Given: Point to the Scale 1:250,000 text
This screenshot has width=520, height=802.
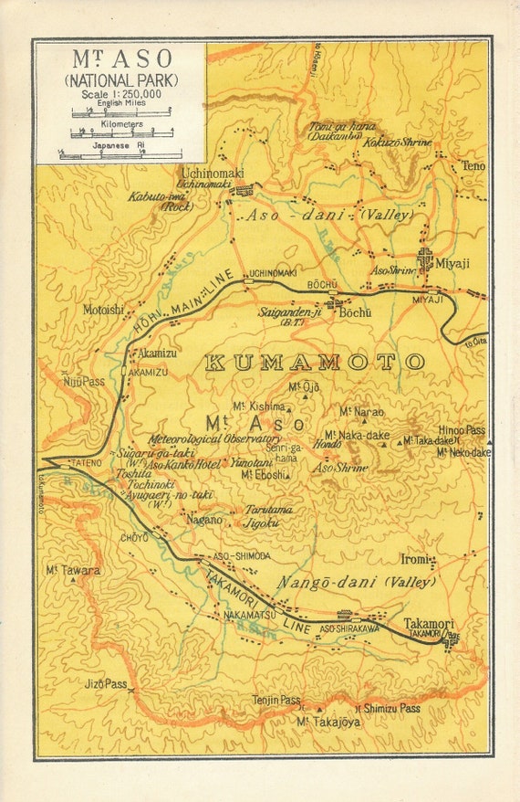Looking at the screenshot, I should (x=120, y=94).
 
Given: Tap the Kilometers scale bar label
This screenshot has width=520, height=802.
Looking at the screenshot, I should (x=120, y=123).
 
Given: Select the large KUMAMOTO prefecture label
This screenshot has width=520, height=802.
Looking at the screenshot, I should (x=314, y=363).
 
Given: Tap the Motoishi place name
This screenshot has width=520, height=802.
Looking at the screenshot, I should (x=103, y=310).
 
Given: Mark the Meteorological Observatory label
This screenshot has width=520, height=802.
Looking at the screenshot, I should (x=214, y=439).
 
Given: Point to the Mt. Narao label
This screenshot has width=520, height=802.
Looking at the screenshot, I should (x=361, y=412).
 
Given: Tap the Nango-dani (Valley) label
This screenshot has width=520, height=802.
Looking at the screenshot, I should (x=369, y=581).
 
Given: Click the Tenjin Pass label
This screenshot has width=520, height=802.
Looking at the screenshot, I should (x=276, y=701).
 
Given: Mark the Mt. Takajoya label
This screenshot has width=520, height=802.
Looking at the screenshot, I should (x=328, y=722).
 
